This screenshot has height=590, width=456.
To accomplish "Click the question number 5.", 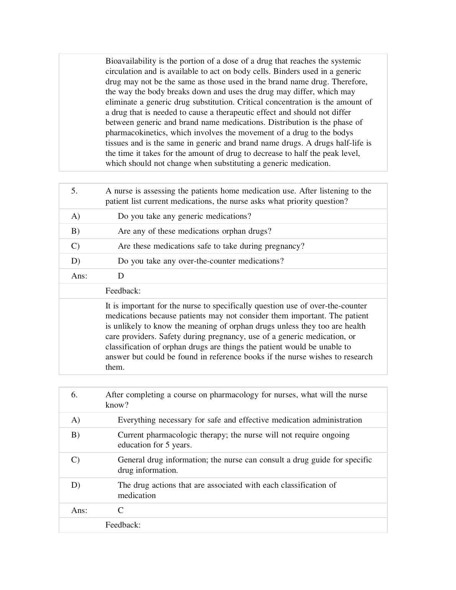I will (74, 191).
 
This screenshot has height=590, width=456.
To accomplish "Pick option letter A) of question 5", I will (75, 216).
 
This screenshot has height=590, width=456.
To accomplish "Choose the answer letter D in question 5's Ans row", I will (121, 276).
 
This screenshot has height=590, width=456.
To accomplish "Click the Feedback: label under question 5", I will (123, 291).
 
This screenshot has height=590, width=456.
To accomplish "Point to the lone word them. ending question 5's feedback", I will (115, 367).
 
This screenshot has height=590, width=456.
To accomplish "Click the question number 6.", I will (74, 395).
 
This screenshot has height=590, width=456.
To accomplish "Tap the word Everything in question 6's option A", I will (137, 420).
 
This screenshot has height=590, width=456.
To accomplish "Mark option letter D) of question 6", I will (75, 485).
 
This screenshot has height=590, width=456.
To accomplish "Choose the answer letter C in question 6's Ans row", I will (121, 511).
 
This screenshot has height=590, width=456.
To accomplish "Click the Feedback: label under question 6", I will (123, 525).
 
